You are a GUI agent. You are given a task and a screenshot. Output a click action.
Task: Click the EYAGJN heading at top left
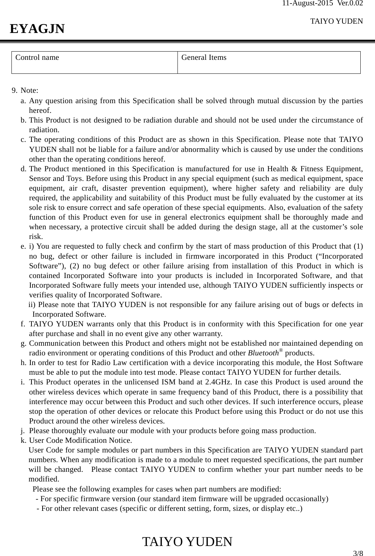click(37, 28)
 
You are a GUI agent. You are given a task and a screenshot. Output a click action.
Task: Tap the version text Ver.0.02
click(351, 4)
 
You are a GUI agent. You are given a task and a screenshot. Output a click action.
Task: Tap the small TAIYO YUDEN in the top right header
click(336, 21)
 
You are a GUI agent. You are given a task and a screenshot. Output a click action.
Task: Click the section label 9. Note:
click(25, 90)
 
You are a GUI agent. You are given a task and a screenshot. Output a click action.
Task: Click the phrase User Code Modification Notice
click(80, 440)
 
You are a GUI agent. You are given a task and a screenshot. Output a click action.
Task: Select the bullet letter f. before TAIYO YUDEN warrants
click(23, 324)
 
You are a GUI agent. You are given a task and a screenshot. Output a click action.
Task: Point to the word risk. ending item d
click(36, 236)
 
